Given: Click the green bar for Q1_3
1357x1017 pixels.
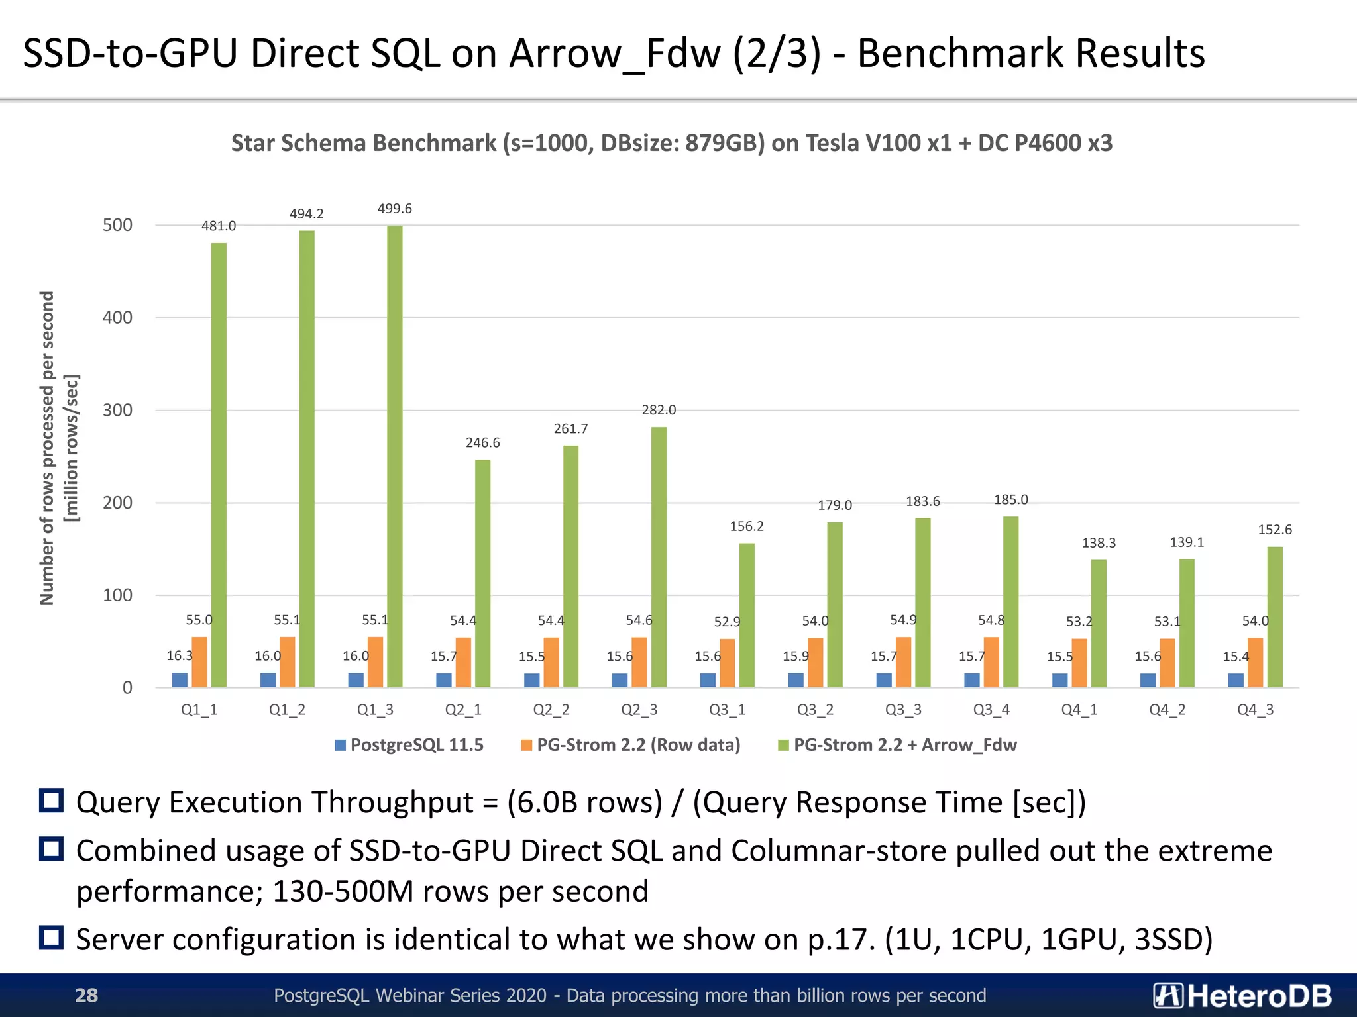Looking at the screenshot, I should coord(394,457).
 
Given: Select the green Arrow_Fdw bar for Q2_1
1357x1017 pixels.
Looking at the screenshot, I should coord(482,573).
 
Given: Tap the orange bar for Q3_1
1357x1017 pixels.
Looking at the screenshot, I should coord(727,663).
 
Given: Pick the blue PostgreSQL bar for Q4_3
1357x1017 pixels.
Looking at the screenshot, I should coord(1236,680).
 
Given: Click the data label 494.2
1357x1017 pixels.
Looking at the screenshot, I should coord(306,214).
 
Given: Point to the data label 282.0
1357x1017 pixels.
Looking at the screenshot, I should coord(659,410).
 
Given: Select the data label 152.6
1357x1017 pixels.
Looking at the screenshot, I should coord(1275,530).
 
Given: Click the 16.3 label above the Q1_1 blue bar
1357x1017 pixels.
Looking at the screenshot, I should coord(179,655).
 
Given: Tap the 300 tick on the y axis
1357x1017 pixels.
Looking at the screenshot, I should coord(117,411).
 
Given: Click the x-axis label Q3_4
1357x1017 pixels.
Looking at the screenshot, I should coord(991,710).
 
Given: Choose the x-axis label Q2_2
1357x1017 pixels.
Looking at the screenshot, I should coord(551,710).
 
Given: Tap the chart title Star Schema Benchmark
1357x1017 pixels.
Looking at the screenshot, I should coord(671,143).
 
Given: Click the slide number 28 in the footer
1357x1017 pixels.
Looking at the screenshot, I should coord(86,995).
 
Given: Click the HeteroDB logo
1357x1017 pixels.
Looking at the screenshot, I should coord(1242,995).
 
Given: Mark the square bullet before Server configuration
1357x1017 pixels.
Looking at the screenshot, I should coord(52,938).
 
